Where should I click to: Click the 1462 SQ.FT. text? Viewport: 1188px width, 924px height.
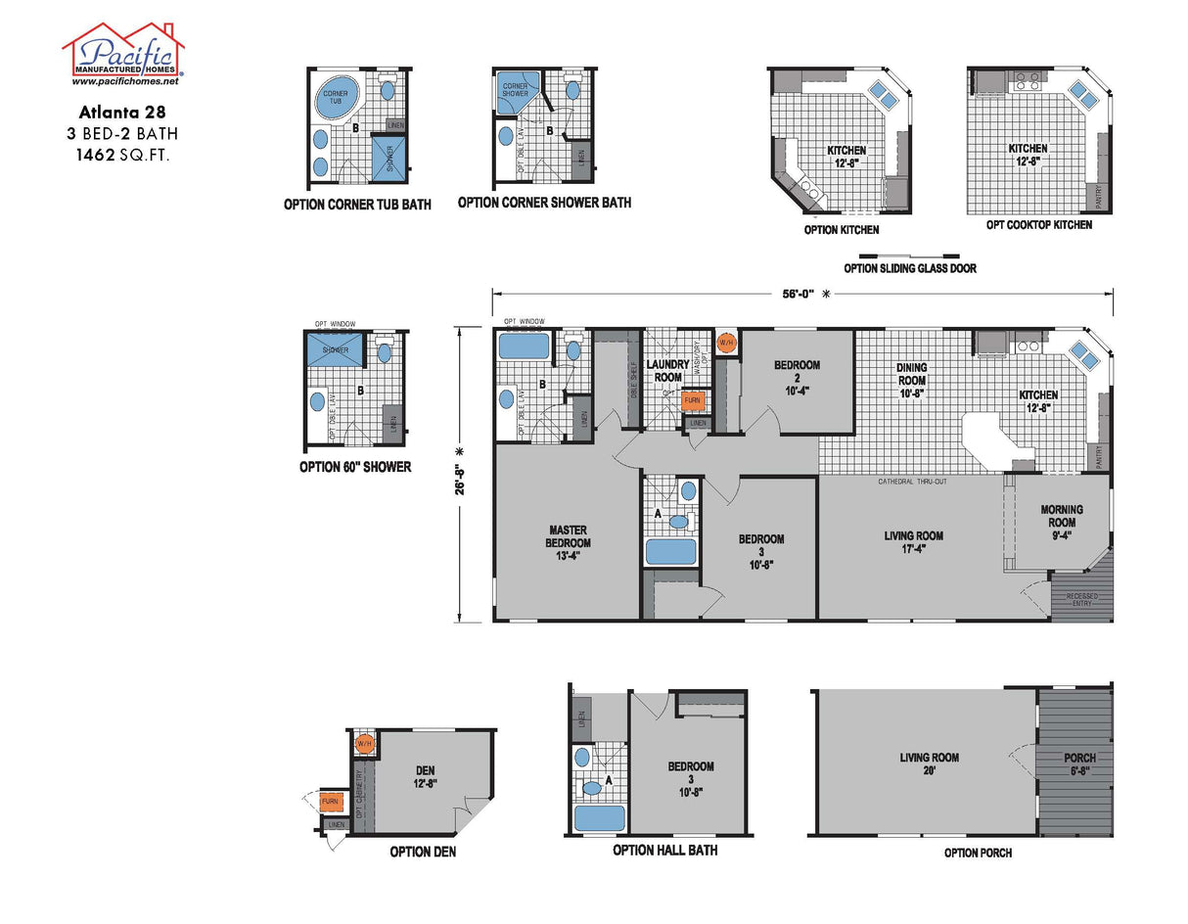[122, 154]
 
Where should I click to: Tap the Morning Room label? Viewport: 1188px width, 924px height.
[1062, 516]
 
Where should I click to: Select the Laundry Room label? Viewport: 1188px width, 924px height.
[667, 370]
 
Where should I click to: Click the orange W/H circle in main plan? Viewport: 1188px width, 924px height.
[726, 343]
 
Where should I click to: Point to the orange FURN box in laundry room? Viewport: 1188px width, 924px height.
[693, 399]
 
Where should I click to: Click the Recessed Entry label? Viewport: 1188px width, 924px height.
[1081, 600]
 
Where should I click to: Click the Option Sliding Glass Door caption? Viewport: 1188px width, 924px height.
[909, 268]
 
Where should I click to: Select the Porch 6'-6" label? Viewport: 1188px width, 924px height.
[1079, 763]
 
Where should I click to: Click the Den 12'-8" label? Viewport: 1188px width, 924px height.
[425, 776]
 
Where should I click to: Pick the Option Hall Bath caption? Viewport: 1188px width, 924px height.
[664, 850]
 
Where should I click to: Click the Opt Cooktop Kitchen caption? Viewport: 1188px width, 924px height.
[1039, 225]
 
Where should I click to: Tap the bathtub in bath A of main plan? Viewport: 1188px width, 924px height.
[670, 550]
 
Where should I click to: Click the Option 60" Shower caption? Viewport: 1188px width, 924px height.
[354, 468]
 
